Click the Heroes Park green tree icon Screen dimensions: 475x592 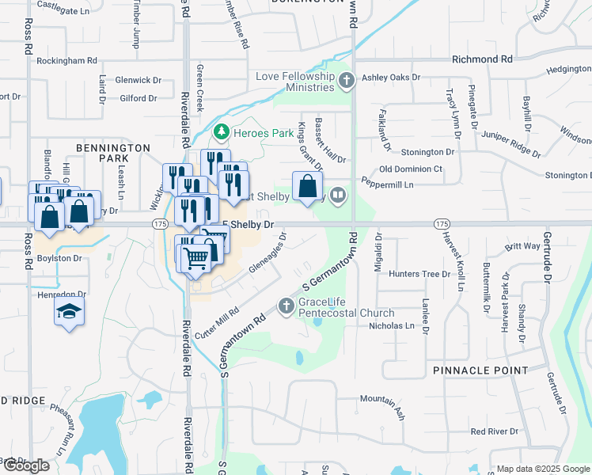coord(222,131)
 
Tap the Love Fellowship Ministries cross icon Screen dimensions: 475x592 coord(346,80)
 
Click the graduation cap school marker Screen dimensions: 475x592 coord(69,311)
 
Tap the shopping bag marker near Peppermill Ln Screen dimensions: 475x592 coord(307,188)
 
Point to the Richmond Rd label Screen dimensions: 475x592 coord(481,59)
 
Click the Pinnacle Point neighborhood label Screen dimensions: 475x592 coord(480,370)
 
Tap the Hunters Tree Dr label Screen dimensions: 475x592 coord(419,274)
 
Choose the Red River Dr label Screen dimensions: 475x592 coord(493,431)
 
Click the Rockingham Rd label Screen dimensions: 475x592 coord(66,60)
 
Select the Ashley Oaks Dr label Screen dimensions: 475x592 coord(390,78)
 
